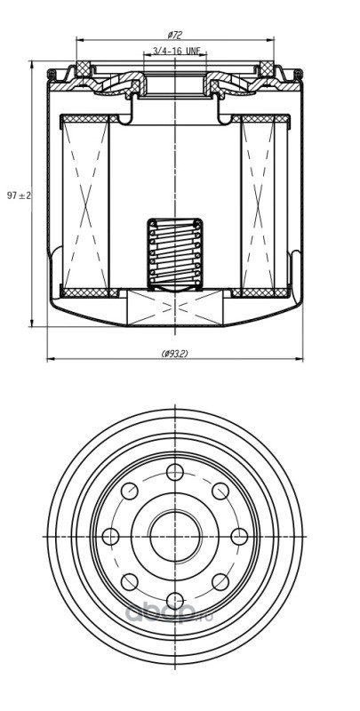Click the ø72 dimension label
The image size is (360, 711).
pyautogui.click(x=174, y=35)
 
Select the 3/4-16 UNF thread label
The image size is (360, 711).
pyautogui.click(x=176, y=51)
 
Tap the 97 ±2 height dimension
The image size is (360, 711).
pyautogui.click(x=19, y=196)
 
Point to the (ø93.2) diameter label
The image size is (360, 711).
pyautogui.click(x=174, y=354)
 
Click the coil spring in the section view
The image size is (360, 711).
pyautogui.click(x=175, y=254)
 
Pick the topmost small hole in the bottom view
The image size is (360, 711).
pyautogui.click(x=175, y=472)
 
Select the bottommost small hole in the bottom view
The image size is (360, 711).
pyautogui.click(x=175, y=601)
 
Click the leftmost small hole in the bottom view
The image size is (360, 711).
pyautogui.click(x=110, y=537)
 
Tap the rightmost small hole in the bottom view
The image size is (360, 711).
pyautogui.click(x=239, y=537)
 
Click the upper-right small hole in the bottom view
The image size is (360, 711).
pyautogui.click(x=220, y=491)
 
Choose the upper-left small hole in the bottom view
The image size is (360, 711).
pyautogui.click(x=130, y=491)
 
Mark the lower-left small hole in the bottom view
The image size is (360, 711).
pyautogui.click(x=130, y=582)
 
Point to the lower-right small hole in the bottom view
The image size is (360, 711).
pyautogui.click(x=220, y=582)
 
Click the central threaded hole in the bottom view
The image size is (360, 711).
pyautogui.click(x=175, y=537)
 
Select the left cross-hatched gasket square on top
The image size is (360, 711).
pyautogui.click(x=83, y=68)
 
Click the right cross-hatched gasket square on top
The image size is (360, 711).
pyautogui.click(x=267, y=68)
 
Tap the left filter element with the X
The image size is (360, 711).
pyautogui.click(x=85, y=205)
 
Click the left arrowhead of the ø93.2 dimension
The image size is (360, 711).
pyautogui.click(x=51, y=359)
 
